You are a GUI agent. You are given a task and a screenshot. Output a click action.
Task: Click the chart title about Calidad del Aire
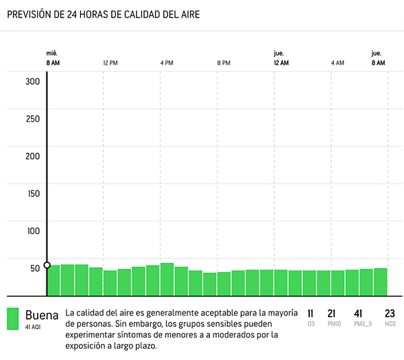coord(103,13)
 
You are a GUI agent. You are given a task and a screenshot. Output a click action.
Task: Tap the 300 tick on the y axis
coord(33,82)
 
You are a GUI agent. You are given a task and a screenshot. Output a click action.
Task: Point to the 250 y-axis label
coord(33,119)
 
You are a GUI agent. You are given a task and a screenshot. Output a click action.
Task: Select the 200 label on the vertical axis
coord(33,156)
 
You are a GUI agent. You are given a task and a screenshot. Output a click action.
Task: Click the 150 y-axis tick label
coord(33,194)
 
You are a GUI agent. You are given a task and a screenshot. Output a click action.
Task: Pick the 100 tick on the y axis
coord(33,231)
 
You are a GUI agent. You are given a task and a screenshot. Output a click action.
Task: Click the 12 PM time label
coord(110,63)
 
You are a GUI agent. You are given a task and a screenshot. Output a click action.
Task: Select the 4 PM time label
coord(167,63)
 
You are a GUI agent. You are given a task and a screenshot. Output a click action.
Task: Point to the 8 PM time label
coord(224,63)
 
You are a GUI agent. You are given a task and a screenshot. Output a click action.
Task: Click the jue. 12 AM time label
coord(281,58)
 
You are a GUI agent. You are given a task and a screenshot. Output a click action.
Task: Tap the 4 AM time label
coord(337,63)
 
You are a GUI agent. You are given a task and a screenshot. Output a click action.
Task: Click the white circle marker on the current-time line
coord(47,265)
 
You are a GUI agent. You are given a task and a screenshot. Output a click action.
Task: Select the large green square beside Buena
coord(13,319)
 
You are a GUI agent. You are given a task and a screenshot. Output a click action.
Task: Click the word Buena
coord(42,314)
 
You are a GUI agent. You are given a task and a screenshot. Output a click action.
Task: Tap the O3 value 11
coord(310,314)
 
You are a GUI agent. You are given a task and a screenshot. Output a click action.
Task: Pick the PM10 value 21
coord(331,314)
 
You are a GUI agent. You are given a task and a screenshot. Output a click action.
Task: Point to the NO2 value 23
coord(389,314)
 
